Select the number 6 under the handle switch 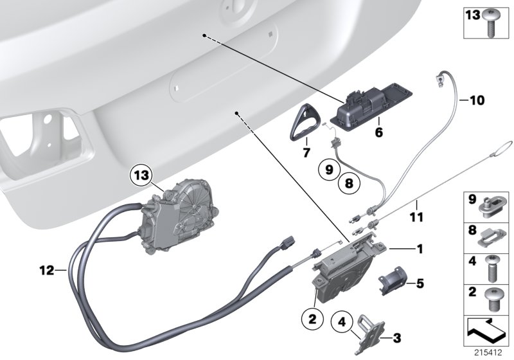(378, 132)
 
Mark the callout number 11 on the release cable (416, 218)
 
